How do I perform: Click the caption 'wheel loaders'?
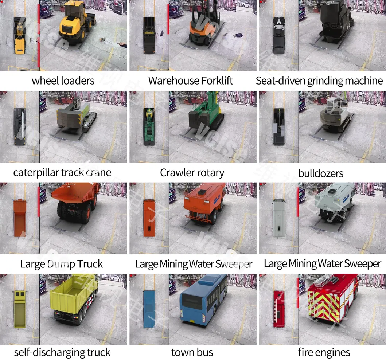pyautogui.click(x=63, y=81)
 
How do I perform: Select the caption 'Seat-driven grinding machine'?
pyautogui.click(x=319, y=81)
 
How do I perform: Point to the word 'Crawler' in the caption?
pyautogui.click(x=176, y=172)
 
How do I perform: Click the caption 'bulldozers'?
pyautogui.click(x=321, y=173)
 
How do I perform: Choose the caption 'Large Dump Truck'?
pyautogui.click(x=62, y=264)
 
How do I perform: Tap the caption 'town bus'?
pyautogui.click(x=192, y=352)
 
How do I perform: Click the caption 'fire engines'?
pyautogui.click(x=324, y=352)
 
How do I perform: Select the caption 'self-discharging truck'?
pyautogui.click(x=62, y=352)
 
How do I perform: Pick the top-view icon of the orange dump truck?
pyautogui.click(x=20, y=218)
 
